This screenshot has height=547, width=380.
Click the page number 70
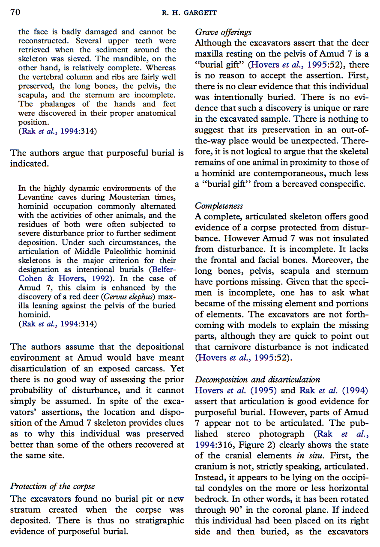click(15, 12)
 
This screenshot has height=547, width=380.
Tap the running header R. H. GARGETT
click(189, 13)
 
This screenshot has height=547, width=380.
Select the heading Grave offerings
click(223, 32)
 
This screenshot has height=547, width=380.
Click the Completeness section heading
click(218, 206)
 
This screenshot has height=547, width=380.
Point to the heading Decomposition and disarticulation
click(257, 379)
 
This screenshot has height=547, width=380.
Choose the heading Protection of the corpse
click(52, 486)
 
